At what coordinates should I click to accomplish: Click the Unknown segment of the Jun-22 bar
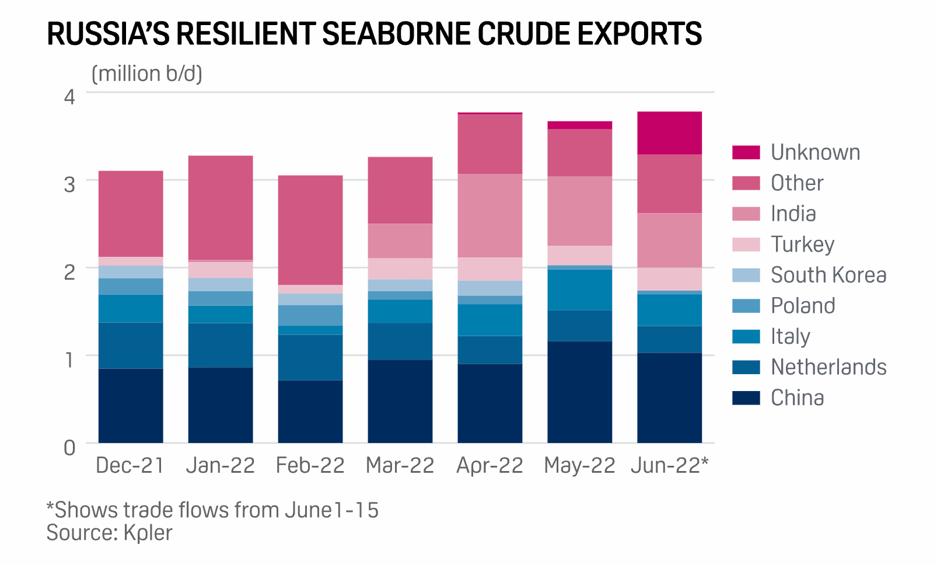[669, 133]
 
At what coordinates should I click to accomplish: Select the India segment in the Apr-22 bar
[490, 215]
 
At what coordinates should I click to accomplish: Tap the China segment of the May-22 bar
[579, 392]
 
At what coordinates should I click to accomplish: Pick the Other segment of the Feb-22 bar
[310, 230]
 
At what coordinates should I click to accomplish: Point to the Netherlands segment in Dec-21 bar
[131, 345]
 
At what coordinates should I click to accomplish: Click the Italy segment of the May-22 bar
[579, 290]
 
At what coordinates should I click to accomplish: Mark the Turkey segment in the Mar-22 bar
[400, 268]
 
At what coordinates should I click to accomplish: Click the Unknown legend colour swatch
[746, 152]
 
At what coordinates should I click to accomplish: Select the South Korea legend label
[828, 275]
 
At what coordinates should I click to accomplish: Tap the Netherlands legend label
[828, 367]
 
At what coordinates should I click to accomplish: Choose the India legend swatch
[746, 214]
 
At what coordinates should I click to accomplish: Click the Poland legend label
[803, 306]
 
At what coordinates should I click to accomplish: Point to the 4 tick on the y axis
[69, 96]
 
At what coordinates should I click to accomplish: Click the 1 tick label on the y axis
[69, 360]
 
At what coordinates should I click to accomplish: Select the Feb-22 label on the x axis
[310, 466]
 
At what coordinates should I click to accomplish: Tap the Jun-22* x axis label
[669, 466]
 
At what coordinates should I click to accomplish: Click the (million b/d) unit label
[147, 74]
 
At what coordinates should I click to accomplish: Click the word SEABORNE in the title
[397, 34]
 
